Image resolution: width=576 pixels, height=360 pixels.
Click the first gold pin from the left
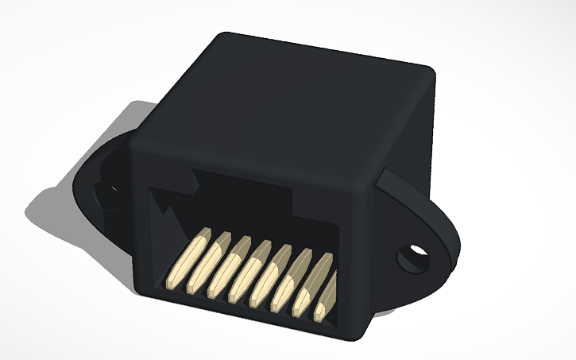click(x=187, y=258)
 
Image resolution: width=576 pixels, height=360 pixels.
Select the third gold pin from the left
click(x=231, y=267)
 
